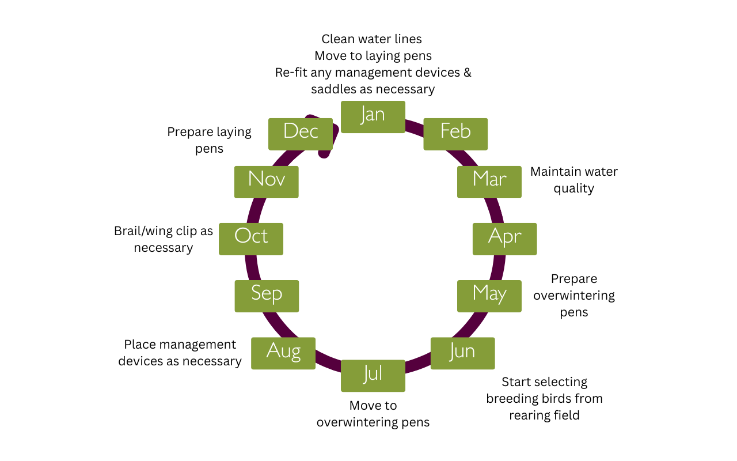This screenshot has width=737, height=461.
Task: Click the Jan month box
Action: click(373, 117)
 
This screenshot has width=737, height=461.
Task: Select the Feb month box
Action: click(455, 134)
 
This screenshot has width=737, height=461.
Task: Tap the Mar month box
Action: click(489, 182)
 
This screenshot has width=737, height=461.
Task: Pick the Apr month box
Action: click(505, 239)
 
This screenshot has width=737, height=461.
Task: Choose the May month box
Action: click(489, 296)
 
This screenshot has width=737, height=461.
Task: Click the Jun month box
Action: click(462, 353)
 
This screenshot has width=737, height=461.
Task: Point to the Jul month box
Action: click(373, 376)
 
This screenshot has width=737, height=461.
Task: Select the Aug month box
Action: click(283, 353)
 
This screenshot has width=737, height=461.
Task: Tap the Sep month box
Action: click(267, 296)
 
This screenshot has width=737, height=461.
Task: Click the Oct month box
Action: click(251, 239)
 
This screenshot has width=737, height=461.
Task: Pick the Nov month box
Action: click(267, 182)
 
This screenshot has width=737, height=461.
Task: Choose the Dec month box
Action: click(301, 134)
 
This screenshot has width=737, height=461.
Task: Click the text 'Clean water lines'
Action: click(371, 39)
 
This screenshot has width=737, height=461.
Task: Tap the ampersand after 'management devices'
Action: click(467, 73)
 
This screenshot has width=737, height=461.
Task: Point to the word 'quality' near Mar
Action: click(574, 188)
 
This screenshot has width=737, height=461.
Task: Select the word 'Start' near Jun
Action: click(516, 382)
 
